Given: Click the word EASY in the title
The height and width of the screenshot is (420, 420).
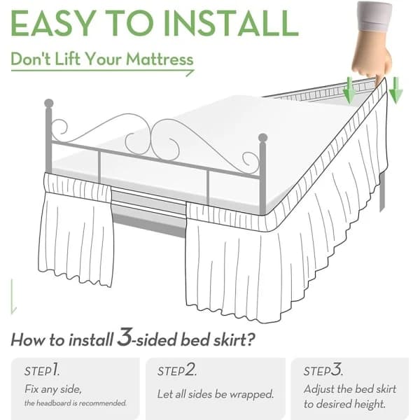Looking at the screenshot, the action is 54,23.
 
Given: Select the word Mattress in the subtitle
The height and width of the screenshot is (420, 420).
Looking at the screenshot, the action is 160,59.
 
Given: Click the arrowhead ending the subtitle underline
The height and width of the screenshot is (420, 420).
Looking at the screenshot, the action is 190,73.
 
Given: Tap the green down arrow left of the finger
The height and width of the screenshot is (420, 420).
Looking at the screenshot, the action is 349,90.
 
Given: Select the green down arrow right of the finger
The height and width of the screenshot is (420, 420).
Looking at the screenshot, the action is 395,90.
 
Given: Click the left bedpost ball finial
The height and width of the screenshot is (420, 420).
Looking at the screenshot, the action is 49,103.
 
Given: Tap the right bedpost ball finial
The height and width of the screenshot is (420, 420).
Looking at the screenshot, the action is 262,138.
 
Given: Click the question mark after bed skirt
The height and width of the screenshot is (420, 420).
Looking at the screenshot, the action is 250,339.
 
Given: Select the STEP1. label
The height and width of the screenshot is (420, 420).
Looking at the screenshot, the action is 42,370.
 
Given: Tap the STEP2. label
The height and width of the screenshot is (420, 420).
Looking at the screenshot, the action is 177,370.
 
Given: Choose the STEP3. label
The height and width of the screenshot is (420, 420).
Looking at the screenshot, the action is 323,370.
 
